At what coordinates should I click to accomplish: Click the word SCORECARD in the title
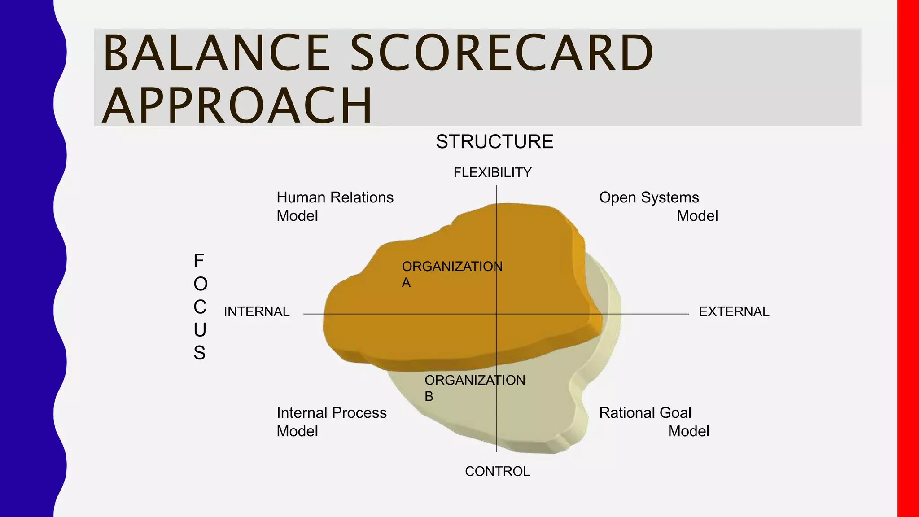click(501, 53)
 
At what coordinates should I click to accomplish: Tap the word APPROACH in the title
click(237, 105)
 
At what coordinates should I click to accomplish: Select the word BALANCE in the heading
click(217, 53)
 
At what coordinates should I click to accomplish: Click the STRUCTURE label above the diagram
click(495, 142)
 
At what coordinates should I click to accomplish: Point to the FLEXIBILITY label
click(492, 172)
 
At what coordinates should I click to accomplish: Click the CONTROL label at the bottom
click(497, 471)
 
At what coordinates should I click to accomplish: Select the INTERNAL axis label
click(257, 311)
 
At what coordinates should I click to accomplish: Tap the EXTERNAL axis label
click(734, 311)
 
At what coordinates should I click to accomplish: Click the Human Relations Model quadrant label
click(334, 206)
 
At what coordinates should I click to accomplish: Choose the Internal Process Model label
click(331, 422)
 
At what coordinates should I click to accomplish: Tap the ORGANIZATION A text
click(451, 274)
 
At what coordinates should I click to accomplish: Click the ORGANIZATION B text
click(474, 388)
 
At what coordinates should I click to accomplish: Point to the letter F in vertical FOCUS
click(199, 261)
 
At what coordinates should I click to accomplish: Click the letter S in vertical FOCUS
click(200, 353)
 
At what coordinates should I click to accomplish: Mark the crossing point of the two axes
click(496, 314)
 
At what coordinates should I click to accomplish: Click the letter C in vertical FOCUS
click(200, 307)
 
